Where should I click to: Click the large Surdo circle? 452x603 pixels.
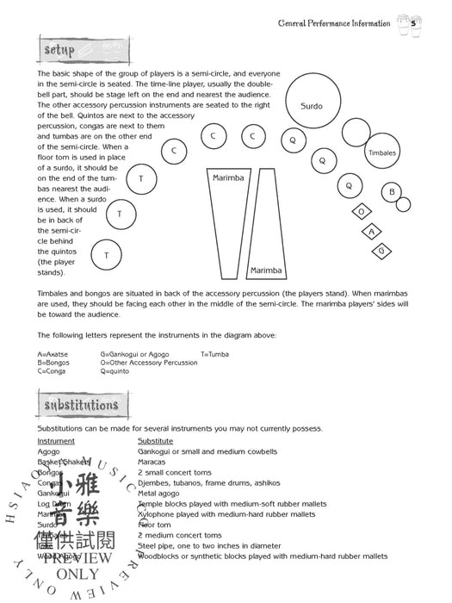312,106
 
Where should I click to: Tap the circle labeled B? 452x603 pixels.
392,192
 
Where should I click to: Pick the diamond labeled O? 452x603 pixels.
362,211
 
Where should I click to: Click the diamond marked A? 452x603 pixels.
372,231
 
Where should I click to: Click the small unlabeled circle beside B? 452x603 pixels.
404,204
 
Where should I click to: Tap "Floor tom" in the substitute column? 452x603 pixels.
156,524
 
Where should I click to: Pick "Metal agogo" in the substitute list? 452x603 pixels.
160,493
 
